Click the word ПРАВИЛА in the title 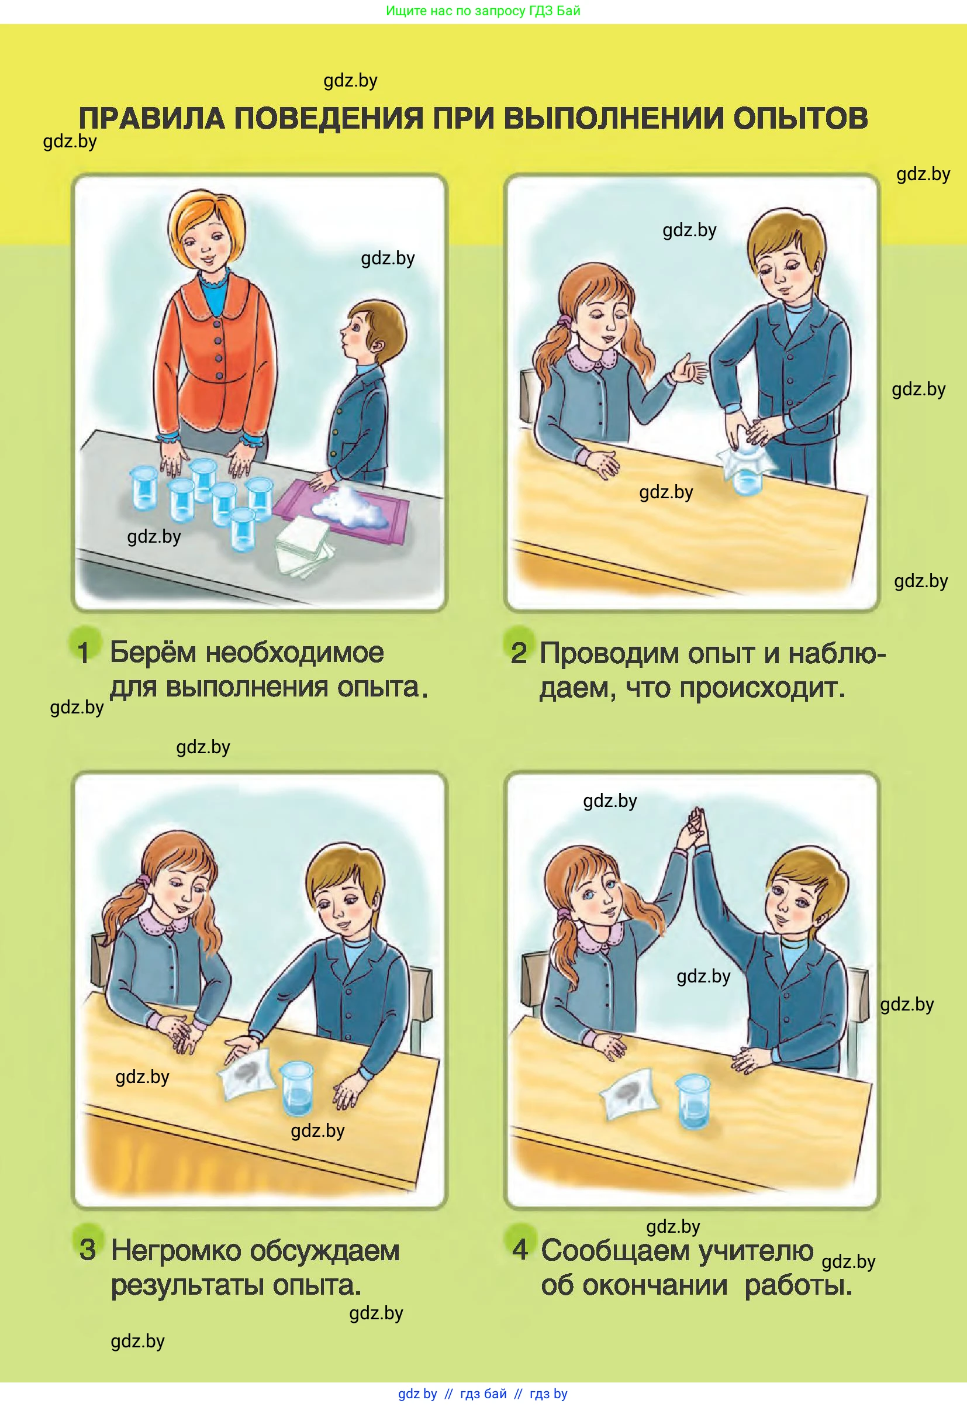(x=153, y=118)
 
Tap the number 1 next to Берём (x=84, y=652)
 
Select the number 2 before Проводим (x=519, y=653)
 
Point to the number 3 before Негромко (x=87, y=1250)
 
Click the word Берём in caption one (x=153, y=653)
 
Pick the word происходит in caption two (x=762, y=689)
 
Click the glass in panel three (x=297, y=1089)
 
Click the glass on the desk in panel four (x=693, y=1101)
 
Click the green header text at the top (x=483, y=11)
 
